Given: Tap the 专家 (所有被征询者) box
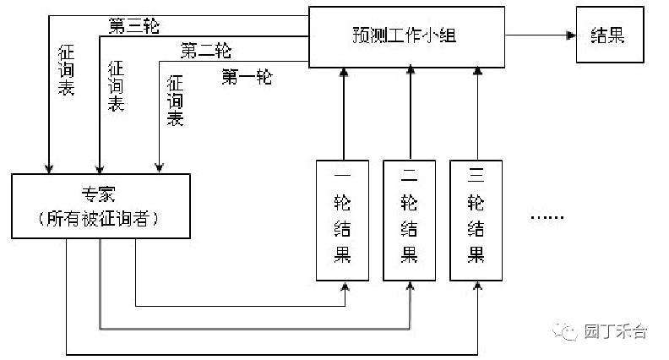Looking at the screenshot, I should pos(101,206).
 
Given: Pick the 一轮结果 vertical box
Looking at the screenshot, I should pos(345,220).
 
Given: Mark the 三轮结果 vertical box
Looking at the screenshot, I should pos(477,220).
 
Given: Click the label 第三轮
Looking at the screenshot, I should pos(134,26).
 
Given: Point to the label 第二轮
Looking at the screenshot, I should pos(205,51).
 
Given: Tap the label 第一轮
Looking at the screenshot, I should pos(247,78).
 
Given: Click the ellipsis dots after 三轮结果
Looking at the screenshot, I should pos(547,218).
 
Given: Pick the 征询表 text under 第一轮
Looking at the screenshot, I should pos(175,101).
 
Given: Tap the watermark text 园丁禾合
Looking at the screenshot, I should pos(616,331).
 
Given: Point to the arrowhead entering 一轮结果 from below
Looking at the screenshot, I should pos(345,286).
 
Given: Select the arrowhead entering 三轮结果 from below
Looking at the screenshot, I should pos(477,286).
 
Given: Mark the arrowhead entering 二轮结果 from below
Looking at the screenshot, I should pos(411,286).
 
